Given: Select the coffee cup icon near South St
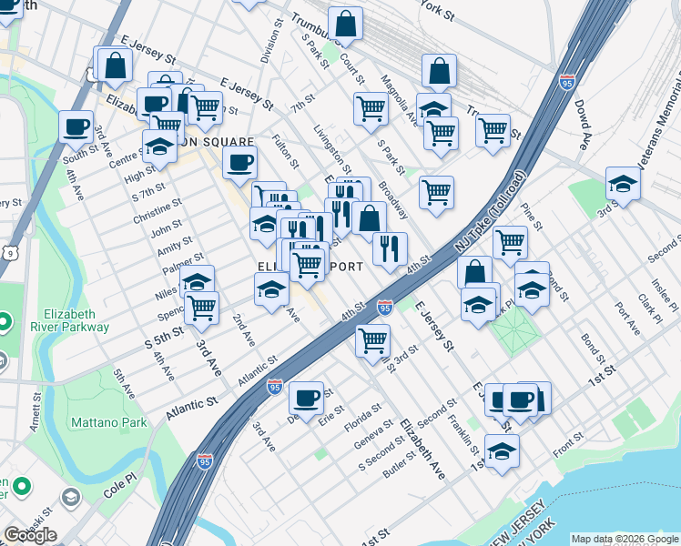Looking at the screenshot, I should pyautogui.click(x=76, y=126).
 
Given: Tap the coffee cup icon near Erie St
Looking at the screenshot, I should pyautogui.click(x=307, y=396).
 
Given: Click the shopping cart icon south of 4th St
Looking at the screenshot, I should pyautogui.click(x=372, y=340).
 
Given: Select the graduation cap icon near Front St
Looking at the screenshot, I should pyautogui.click(x=502, y=450).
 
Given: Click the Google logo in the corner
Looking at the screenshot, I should pyautogui.click(x=29, y=534).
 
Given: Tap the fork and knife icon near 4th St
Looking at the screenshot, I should pyautogui.click(x=390, y=248).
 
